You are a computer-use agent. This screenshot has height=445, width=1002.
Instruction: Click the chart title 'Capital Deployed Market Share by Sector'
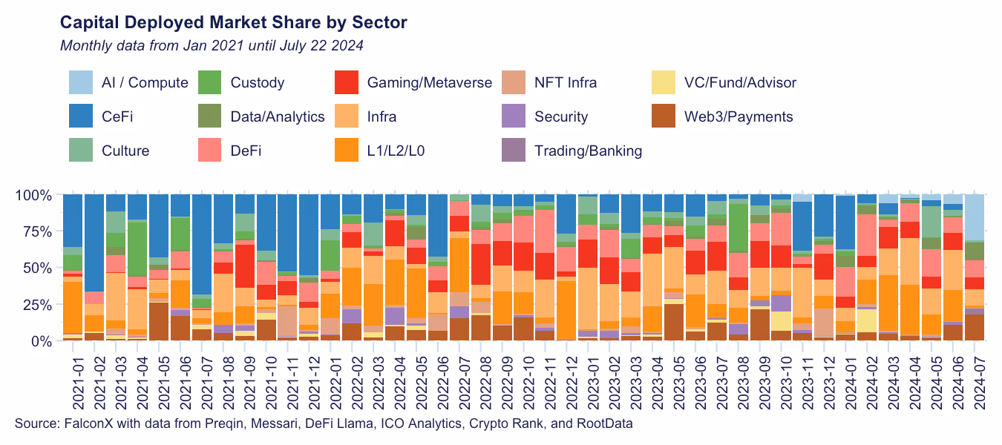[233, 22]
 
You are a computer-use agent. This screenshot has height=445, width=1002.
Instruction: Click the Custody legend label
[258, 82]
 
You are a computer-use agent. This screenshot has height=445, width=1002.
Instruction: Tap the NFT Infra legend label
[566, 82]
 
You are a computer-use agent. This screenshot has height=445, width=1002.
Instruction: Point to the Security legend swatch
[514, 116]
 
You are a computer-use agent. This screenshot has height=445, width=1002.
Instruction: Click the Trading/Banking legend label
[588, 151]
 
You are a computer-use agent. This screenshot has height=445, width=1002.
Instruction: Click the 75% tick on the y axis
[36, 231]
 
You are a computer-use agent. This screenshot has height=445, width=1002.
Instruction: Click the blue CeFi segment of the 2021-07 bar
[203, 245]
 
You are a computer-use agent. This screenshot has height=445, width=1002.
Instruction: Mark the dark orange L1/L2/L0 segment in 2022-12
[566, 308]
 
